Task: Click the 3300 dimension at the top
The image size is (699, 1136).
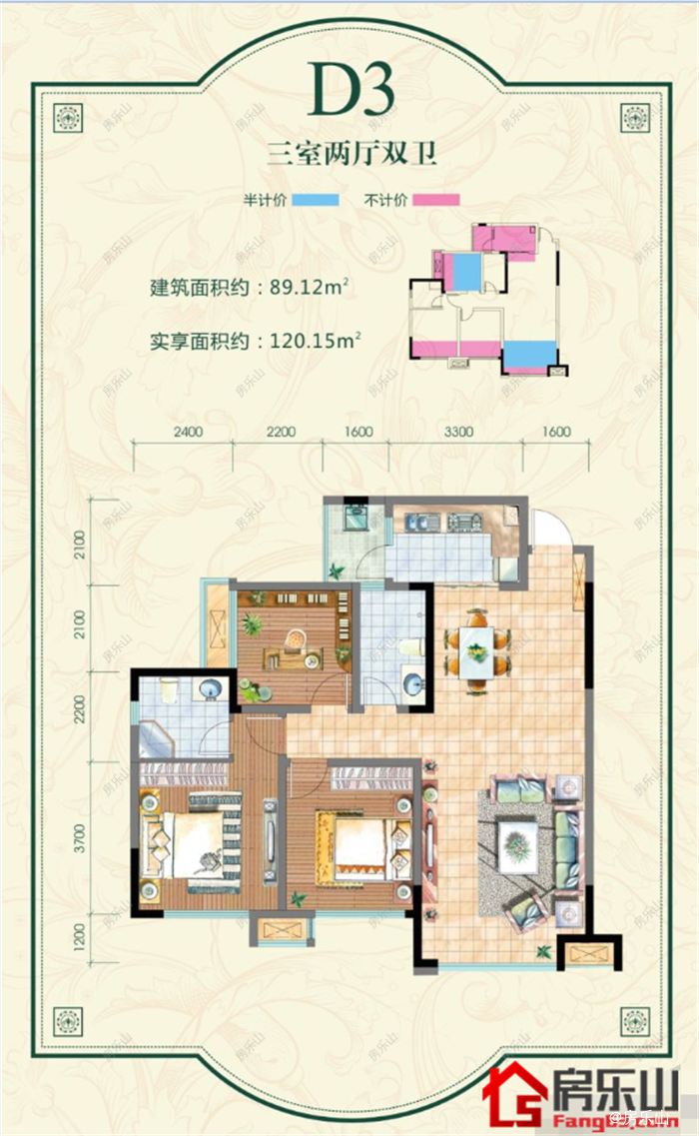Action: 458,434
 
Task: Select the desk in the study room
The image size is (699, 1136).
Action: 294,656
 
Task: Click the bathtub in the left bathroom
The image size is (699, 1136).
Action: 155,739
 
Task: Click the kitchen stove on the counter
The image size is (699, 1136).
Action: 465,522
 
